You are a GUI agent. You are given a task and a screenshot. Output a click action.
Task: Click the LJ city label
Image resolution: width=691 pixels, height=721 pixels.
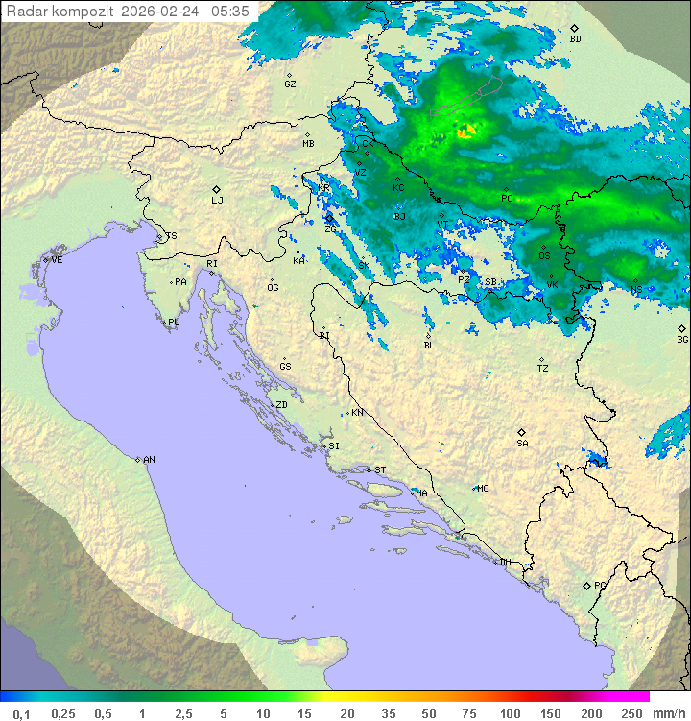(x=217, y=201)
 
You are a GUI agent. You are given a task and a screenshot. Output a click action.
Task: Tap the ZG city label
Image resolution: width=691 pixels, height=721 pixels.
(x=330, y=228)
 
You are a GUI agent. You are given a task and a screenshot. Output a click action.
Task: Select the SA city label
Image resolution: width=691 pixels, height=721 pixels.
(x=522, y=444)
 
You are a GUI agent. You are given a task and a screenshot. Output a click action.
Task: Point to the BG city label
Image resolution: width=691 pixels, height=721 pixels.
(x=682, y=339)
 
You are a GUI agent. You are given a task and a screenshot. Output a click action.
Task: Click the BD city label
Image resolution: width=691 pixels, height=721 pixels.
(x=575, y=39)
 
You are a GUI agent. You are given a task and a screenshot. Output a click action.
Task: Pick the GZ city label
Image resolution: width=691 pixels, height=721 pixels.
(x=290, y=84)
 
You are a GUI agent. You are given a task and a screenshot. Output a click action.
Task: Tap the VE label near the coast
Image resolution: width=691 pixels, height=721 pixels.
(x=57, y=260)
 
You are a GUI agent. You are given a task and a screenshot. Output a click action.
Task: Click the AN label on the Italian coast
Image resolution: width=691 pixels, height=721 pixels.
(x=149, y=460)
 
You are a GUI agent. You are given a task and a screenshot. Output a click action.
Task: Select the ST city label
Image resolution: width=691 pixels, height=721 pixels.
(x=380, y=470)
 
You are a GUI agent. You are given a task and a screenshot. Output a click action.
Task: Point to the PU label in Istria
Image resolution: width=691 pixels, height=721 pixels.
(x=174, y=323)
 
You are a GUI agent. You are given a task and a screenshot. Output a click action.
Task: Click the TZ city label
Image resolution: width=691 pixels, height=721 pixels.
(x=543, y=368)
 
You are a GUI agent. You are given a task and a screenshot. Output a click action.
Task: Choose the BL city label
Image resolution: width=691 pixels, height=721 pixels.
(x=429, y=345)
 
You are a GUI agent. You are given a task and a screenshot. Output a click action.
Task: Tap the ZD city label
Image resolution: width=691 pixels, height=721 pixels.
(x=281, y=405)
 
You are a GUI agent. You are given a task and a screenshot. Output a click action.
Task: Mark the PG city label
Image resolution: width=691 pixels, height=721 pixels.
(x=600, y=585)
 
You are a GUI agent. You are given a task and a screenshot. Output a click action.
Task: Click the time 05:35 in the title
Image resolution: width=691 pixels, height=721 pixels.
(x=230, y=12)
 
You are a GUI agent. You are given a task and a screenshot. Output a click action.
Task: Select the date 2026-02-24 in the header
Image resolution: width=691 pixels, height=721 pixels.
(x=162, y=12)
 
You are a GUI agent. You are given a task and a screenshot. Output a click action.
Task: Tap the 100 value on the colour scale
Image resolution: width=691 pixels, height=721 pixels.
(x=510, y=713)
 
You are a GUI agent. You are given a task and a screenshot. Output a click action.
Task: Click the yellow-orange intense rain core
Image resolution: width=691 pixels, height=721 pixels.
(x=466, y=132)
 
